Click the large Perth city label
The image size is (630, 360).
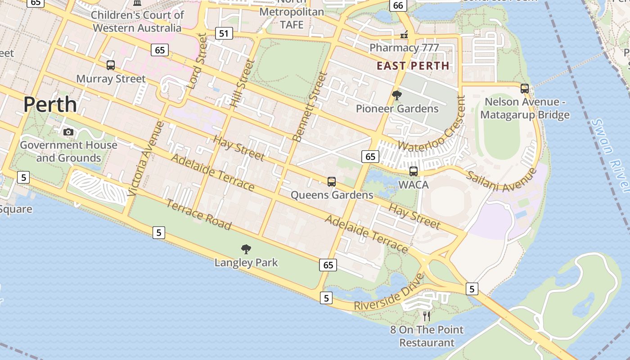50,104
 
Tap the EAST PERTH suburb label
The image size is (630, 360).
413,66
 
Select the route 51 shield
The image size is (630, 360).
224,33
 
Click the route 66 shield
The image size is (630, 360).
398,5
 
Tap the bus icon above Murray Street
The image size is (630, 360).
111,65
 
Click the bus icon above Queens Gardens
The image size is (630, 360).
332,182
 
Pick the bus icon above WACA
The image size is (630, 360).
413,171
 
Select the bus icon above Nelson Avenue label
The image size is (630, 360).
524,89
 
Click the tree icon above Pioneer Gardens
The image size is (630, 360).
396,95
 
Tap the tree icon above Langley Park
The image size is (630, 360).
246,249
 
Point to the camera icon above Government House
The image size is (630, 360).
68,132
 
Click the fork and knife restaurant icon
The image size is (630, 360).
427,316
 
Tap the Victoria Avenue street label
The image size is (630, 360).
144,158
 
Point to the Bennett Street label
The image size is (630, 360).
309,107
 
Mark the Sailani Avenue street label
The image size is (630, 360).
501,180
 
